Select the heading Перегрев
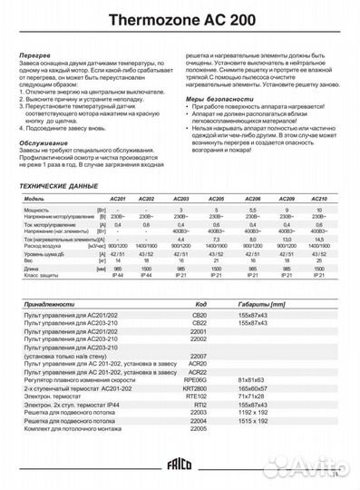pos(34,55)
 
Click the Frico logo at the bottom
pos(180,467)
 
